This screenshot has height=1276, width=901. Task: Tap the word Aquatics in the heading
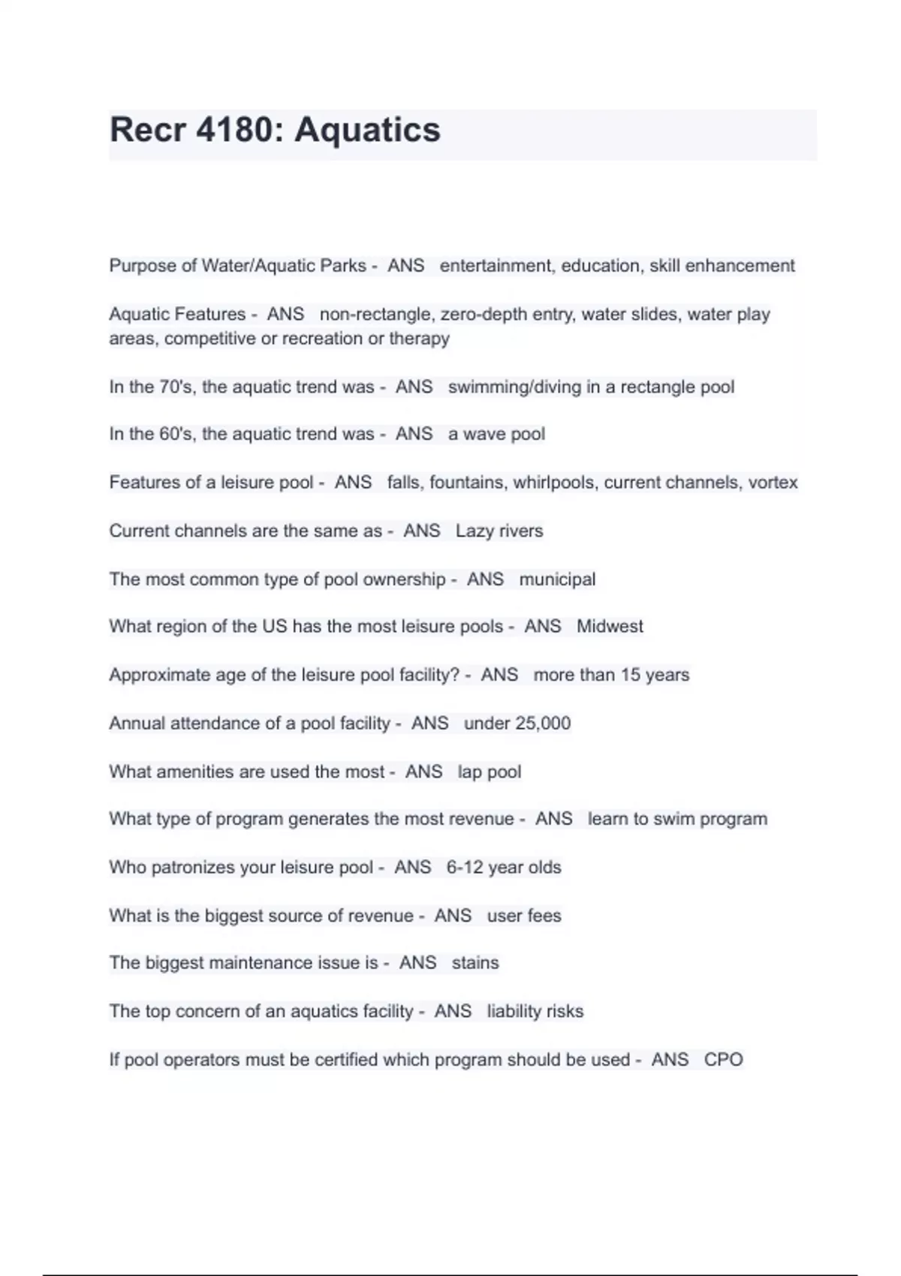[x=367, y=130]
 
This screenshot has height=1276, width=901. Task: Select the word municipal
[x=557, y=579]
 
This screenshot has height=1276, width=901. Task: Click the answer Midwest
[x=610, y=626]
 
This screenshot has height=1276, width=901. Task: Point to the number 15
[x=631, y=675]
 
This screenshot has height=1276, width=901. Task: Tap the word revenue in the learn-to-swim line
[x=477, y=819]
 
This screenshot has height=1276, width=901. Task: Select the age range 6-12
[x=465, y=867]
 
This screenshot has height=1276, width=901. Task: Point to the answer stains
[x=475, y=962]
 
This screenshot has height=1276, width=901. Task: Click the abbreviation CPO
[x=723, y=1060]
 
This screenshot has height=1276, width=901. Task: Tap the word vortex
[x=773, y=482]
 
